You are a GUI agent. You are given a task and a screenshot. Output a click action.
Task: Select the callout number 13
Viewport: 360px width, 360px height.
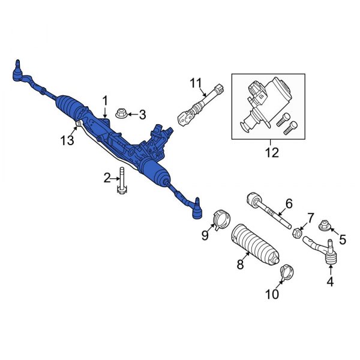[x=68, y=140]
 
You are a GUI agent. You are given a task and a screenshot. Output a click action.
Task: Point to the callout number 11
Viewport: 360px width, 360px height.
[x=194, y=82]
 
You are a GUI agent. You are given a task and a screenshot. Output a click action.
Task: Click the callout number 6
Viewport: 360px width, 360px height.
[x=289, y=203]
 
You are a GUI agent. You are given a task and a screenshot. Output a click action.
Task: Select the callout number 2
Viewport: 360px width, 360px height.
[x=107, y=178]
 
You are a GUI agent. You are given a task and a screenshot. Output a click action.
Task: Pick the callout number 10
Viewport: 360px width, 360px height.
[x=271, y=294]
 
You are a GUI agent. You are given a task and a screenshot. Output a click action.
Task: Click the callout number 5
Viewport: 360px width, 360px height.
[x=343, y=240]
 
